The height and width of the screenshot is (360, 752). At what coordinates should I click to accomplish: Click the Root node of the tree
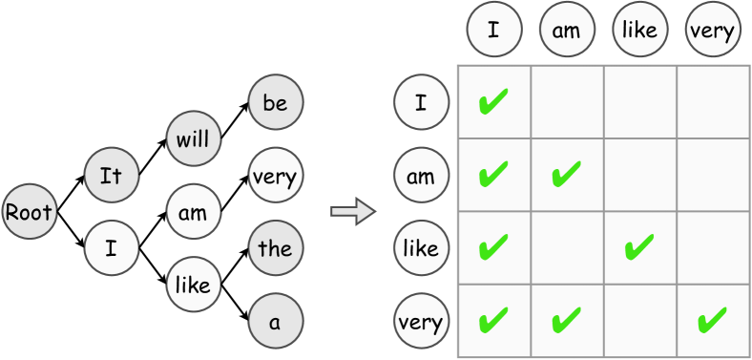click(30, 211)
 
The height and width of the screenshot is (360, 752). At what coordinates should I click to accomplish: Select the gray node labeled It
click(112, 175)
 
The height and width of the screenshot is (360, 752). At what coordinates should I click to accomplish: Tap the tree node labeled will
click(193, 139)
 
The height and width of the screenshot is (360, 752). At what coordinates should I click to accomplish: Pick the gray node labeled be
click(275, 103)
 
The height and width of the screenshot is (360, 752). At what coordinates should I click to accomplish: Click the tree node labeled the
click(275, 248)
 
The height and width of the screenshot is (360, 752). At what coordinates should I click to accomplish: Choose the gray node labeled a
click(275, 321)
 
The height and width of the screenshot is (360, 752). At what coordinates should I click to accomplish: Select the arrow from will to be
click(235, 120)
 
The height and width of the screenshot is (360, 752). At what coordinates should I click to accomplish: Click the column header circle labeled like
click(639, 30)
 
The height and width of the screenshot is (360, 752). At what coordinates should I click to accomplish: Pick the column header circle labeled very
click(712, 30)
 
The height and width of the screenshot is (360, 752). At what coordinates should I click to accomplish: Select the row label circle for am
click(421, 176)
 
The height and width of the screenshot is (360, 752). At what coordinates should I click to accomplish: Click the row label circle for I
click(421, 102)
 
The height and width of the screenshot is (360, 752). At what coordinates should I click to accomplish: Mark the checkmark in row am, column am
click(566, 174)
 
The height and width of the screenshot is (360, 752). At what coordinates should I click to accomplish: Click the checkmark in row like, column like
click(638, 247)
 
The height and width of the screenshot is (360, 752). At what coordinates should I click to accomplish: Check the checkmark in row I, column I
click(493, 101)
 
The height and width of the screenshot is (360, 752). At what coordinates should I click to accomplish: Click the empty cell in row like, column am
click(567, 248)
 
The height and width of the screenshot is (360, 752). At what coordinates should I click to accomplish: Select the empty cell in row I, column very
click(713, 102)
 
